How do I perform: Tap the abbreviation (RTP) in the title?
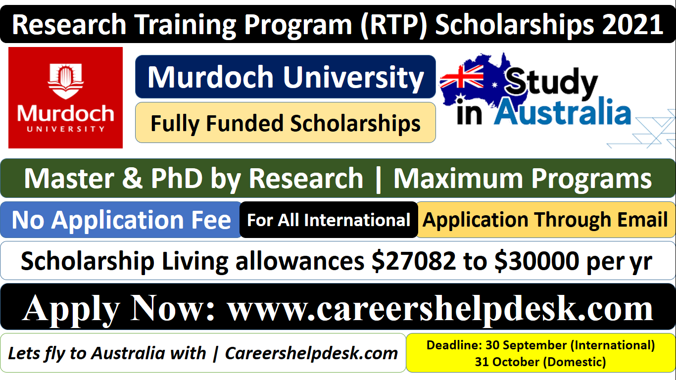coord(391,25)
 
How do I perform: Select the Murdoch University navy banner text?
coord(286,77)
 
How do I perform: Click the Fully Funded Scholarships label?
coord(286,123)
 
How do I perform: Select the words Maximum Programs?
coord(522,178)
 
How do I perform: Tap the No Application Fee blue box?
coord(121,220)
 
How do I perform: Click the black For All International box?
coord(329,220)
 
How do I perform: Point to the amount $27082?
coord(414,261)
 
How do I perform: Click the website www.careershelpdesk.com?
coord(440,308)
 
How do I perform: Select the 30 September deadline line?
coord(540,344)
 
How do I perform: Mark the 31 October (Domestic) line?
coord(540,362)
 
